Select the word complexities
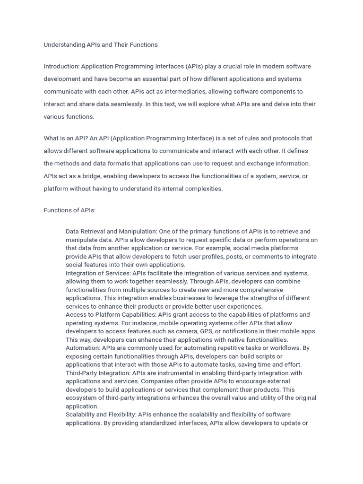202,189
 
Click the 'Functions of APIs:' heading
69,210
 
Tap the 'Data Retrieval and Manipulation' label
111,232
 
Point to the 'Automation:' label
83,348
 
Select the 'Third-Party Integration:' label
98,373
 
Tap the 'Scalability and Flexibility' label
101,415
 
